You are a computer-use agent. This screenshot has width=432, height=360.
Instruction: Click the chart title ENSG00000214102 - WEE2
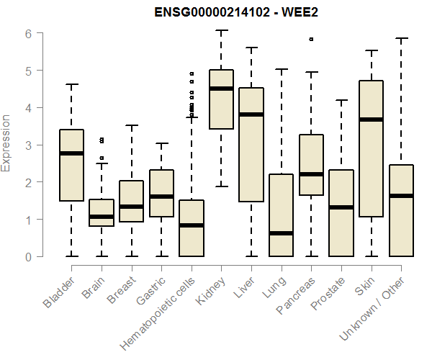click(x=236, y=12)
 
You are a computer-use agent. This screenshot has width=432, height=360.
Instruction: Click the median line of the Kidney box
click(x=221, y=89)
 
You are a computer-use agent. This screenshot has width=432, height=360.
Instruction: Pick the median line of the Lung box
click(x=281, y=233)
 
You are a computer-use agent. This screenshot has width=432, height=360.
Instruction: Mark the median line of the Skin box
click(x=372, y=120)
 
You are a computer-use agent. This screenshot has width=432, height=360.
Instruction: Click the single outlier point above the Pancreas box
click(x=311, y=40)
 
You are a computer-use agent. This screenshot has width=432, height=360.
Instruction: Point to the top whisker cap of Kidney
click(x=221, y=30)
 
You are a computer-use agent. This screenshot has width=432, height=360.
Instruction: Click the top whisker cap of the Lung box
click(x=281, y=70)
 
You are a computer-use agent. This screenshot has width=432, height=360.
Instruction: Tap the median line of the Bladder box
click(x=71, y=153)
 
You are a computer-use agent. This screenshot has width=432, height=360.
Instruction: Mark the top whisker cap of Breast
click(x=131, y=125)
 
